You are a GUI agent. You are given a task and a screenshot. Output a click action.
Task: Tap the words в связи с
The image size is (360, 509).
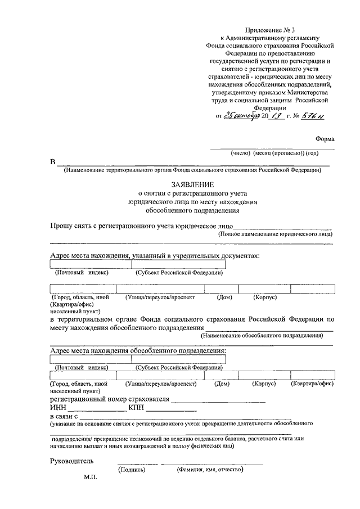[x=63, y=416]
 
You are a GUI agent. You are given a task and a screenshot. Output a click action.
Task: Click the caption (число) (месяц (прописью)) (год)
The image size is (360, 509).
[x=274, y=153]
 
